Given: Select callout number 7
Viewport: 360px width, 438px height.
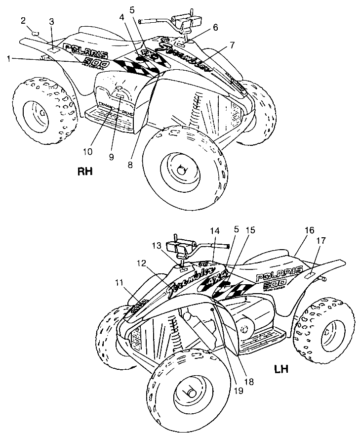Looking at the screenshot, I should click(x=232, y=45).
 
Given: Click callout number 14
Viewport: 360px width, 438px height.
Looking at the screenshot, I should click(x=214, y=230).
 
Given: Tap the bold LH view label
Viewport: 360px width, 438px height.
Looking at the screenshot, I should click(x=281, y=369).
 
